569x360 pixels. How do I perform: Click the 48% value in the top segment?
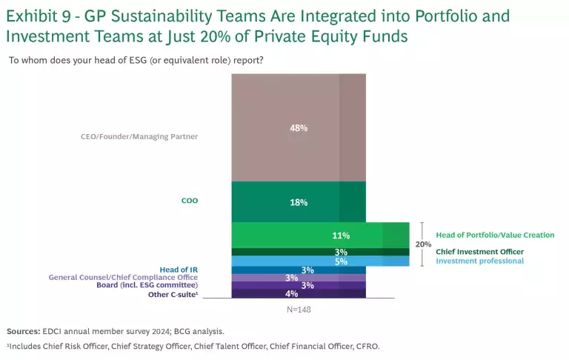tap(299, 127)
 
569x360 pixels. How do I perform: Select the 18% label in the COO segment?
tap(299, 202)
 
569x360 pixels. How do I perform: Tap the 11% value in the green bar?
tap(342, 235)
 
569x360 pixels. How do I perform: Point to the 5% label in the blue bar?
tap(342, 261)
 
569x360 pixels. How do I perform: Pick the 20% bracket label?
tap(423, 244)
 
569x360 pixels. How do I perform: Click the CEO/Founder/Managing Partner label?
tap(139, 136)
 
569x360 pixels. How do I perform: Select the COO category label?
tap(190, 200)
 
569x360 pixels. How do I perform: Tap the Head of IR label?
tap(179, 269)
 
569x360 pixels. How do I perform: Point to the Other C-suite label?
tap(172, 294)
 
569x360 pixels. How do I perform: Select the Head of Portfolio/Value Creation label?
tap(495, 235)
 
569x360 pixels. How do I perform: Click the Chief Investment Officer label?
tap(479, 252)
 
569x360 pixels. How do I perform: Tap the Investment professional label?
tap(479, 261)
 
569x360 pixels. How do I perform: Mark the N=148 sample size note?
tap(299, 309)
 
